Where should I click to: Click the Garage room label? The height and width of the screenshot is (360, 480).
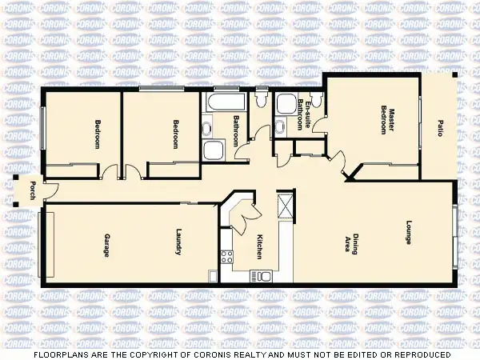(106, 244)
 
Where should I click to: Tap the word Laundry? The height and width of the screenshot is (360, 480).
(178, 244)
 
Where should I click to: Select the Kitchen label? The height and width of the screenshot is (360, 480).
(259, 246)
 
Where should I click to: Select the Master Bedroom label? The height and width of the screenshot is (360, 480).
(389, 119)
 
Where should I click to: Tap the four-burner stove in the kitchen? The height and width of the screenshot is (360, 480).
(226, 258)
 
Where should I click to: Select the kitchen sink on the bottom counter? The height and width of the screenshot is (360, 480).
(263, 276)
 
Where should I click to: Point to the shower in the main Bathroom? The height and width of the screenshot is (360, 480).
(214, 150)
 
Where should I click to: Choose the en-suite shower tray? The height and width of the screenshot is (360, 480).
(284, 104)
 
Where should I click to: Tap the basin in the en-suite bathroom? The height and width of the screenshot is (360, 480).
(279, 126)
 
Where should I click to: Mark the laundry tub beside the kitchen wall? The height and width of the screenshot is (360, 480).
(213, 276)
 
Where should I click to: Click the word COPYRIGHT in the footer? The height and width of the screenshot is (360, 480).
(188, 354)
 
